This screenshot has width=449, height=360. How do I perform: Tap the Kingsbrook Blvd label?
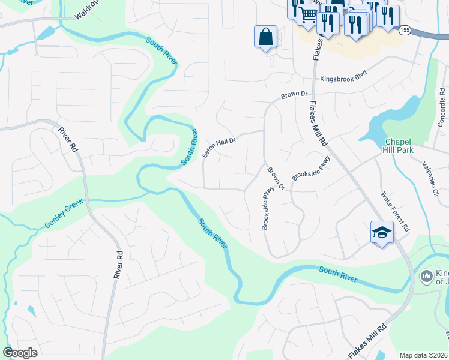point(343,79)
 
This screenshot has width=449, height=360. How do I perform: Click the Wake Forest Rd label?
point(396,212)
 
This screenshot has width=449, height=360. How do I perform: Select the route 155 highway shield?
point(405,29)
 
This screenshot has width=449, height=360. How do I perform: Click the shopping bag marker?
point(265,38)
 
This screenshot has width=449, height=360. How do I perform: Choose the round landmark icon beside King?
point(427,276)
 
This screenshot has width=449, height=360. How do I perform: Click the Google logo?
point(20,353)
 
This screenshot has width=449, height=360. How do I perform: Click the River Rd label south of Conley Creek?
point(118,264)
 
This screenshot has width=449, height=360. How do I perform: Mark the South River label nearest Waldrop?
point(163,52)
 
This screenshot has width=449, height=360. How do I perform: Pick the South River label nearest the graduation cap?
point(338,275)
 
